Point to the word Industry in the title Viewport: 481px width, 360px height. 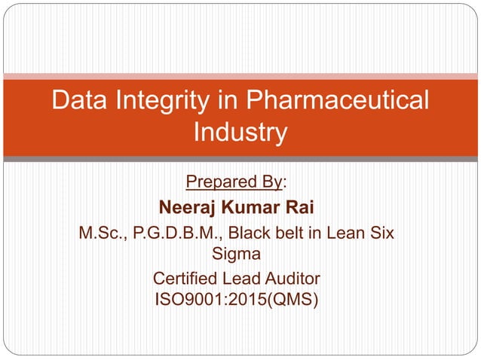coord(240,133)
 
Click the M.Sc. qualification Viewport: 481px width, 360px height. coord(103,233)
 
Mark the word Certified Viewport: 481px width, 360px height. coord(184,280)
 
